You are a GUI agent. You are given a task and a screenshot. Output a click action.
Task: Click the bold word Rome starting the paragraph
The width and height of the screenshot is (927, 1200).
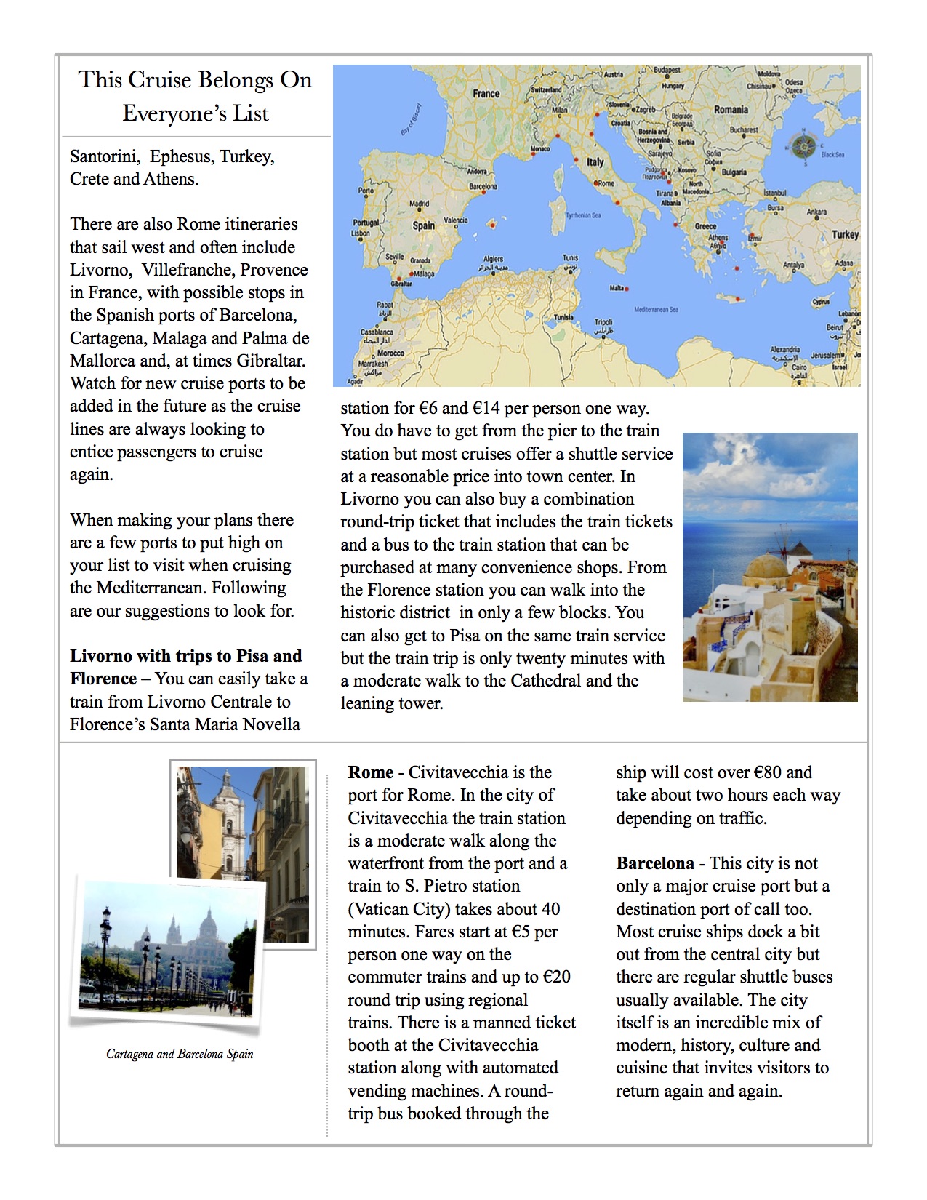(x=370, y=772)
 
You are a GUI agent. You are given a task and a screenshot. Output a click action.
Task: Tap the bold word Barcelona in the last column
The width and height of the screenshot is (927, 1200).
(x=654, y=863)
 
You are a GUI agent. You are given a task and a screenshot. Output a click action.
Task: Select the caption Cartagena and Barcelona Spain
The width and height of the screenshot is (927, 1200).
(x=180, y=1054)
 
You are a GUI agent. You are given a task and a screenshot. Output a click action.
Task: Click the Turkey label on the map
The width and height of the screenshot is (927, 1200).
(x=845, y=234)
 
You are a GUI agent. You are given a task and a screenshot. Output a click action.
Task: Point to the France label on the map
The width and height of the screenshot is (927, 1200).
(x=486, y=94)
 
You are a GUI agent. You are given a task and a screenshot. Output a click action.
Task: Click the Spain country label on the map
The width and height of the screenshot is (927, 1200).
(x=423, y=225)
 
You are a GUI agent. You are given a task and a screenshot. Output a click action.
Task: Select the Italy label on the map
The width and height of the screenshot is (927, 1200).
(x=595, y=162)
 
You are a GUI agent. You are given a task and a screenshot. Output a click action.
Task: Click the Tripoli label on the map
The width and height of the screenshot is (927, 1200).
(x=603, y=321)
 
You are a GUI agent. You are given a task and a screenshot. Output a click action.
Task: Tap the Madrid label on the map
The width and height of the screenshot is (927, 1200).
(x=419, y=204)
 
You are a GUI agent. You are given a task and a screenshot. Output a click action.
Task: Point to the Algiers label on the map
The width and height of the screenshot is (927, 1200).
(x=493, y=259)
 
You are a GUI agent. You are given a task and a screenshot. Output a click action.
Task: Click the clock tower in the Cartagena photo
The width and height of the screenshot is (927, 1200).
(x=228, y=807)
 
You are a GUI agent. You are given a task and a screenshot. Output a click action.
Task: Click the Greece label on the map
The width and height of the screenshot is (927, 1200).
(x=705, y=226)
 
